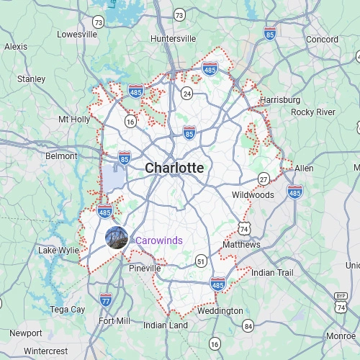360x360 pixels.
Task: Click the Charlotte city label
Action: pos(174,168)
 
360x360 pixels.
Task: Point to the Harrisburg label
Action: pos(279,99)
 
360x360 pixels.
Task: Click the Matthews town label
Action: pos(241,245)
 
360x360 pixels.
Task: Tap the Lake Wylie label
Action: pos(58,251)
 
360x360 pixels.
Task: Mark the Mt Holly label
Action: pos(74,119)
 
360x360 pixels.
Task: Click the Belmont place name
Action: pos(61,156)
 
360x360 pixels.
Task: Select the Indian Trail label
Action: pos(273,272)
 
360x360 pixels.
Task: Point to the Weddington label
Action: pos(220,311)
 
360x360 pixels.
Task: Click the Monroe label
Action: pos(341,336)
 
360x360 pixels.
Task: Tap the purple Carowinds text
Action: pos(159,240)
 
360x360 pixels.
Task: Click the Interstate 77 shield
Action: pos(106,299)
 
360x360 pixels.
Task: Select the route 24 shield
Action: pos(187,93)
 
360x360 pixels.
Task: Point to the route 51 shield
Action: pos(201,260)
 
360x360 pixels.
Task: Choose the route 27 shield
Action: pos(264,179)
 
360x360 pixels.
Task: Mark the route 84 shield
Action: pos(248,326)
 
